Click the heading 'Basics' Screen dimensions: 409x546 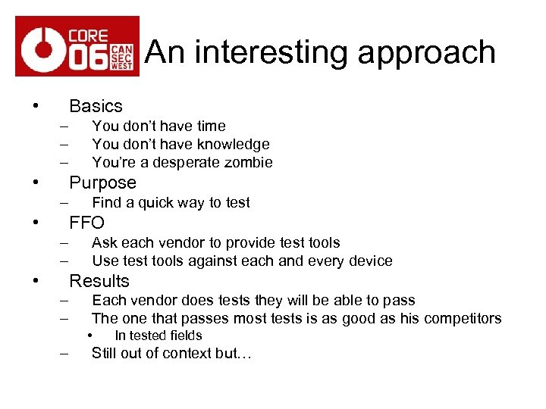pos(96,106)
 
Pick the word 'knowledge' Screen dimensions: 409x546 pos(234,144)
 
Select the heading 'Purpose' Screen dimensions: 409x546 pos(102,183)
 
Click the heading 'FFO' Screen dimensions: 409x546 pos(86,223)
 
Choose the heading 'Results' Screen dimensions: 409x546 pos(99,281)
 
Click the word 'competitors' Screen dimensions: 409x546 pos(460,318)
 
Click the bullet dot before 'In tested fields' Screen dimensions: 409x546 pos(89,336)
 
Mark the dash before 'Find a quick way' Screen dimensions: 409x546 pos(63,202)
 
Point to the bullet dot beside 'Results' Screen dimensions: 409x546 pos(36,281)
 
